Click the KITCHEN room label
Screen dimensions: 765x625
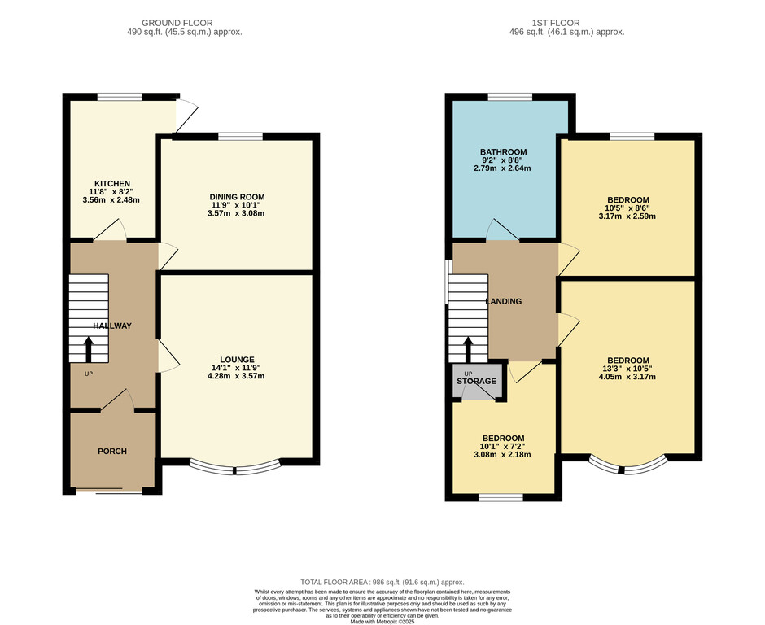pyautogui.click(x=112, y=183)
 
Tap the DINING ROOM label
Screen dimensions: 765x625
pyautogui.click(x=237, y=197)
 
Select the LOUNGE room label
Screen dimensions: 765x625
pyautogui.click(x=237, y=360)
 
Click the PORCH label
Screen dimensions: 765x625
pyautogui.click(x=112, y=452)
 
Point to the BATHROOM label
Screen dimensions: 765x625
pyautogui.click(x=504, y=151)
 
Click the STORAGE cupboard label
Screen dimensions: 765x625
pyautogui.click(x=477, y=381)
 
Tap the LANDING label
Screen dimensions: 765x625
pyautogui.click(x=504, y=301)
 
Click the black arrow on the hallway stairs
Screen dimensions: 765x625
pyautogui.click(x=89, y=349)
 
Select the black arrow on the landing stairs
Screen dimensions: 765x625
pyautogui.click(x=467, y=349)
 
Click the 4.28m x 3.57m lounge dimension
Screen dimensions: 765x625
pyautogui.click(x=236, y=376)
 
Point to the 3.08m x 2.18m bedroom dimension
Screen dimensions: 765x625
pyautogui.click(x=502, y=455)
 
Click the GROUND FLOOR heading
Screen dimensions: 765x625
pyautogui.click(x=177, y=23)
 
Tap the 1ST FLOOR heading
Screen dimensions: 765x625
pyautogui.click(x=556, y=23)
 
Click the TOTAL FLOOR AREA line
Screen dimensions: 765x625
pyautogui.click(x=382, y=582)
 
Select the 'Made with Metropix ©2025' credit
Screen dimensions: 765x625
pyautogui.click(x=382, y=622)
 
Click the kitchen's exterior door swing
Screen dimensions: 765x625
pyautogui.click(x=186, y=115)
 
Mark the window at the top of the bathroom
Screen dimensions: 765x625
pyautogui.click(x=510, y=97)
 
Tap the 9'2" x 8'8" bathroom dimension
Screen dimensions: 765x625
pyautogui.click(x=502, y=160)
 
